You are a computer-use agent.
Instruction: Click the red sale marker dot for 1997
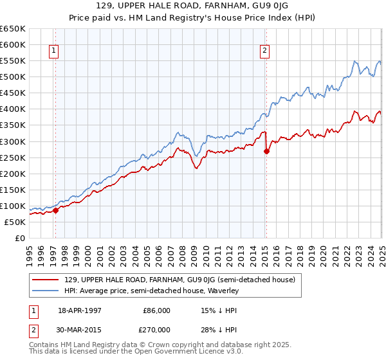(x=56, y=210)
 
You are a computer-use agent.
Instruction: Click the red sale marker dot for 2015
(x=266, y=151)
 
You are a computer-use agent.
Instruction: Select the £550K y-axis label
(x=14, y=61)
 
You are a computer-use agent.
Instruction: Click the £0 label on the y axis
(x=20, y=239)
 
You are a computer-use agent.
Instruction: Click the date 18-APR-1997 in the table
(x=80, y=310)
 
